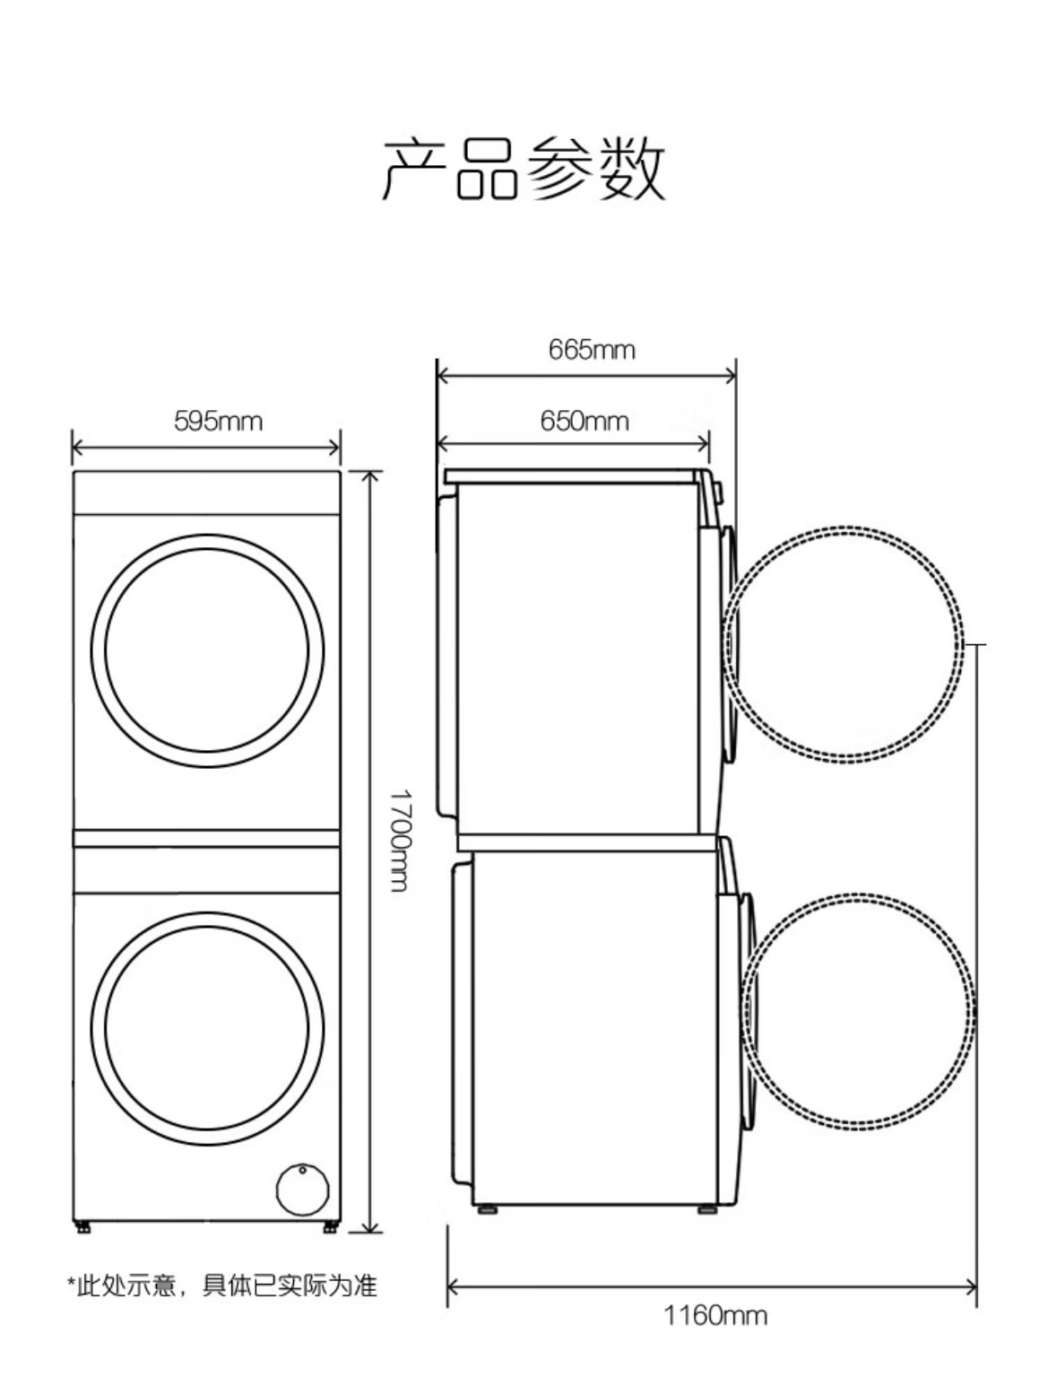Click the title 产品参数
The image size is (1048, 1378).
(x=524, y=169)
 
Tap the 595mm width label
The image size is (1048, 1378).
(x=218, y=422)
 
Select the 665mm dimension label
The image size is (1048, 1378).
(x=592, y=350)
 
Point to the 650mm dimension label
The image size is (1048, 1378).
(x=584, y=421)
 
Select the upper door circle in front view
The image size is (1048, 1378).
(x=208, y=535)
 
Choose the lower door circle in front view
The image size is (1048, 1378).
(x=208, y=912)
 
